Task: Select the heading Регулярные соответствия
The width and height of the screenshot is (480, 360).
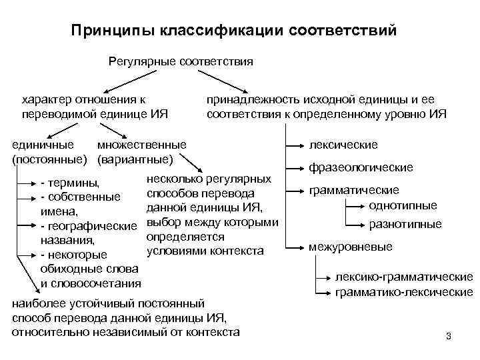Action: (181, 61)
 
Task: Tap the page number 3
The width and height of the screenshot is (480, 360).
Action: (449, 336)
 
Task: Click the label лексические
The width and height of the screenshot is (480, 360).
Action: (343, 145)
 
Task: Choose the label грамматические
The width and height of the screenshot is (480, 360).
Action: (353, 190)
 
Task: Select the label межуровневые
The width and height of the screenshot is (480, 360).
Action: (350, 247)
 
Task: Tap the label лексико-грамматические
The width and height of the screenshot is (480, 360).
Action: (404, 277)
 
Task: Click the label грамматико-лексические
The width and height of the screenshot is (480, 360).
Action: (404, 292)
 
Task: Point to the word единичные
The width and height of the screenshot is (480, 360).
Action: (43, 145)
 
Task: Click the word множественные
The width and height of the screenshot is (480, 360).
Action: (142, 145)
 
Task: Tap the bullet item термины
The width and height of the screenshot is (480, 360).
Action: (73, 183)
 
